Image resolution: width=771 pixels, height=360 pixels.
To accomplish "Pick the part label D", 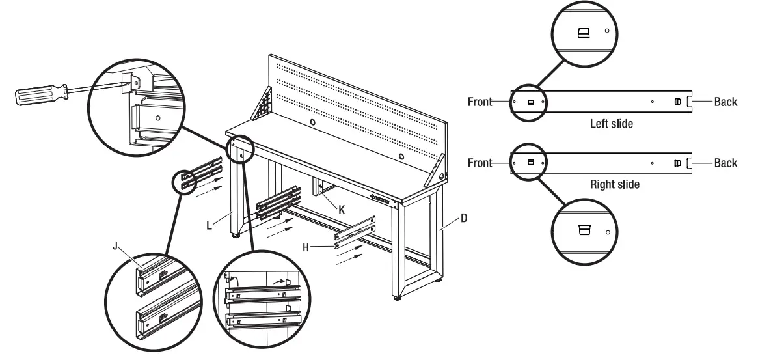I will click(463, 219).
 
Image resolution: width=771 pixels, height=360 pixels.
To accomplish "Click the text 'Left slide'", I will click(611, 123).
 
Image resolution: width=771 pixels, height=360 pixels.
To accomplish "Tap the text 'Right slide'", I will click(614, 184).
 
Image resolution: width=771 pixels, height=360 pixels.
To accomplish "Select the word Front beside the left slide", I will click(480, 102).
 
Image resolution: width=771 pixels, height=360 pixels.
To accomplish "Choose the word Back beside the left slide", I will click(725, 102).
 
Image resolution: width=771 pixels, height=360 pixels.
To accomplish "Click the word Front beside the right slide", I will click(480, 162).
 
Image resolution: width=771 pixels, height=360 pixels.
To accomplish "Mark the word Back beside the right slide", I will click(725, 162).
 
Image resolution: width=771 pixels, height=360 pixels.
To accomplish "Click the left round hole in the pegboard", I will click(313, 122).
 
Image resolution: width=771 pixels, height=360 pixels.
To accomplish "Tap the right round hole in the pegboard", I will click(401, 156).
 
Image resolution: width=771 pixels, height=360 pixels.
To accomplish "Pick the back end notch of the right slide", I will click(691, 163).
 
